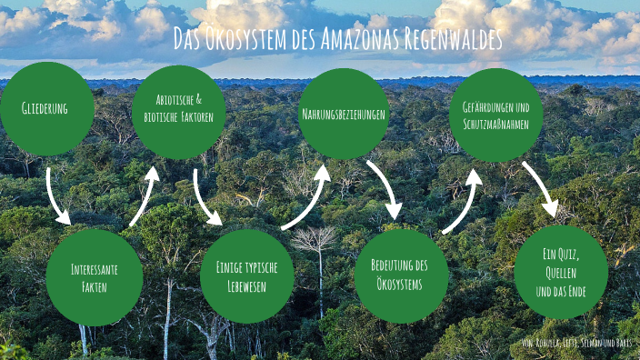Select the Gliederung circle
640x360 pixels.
pyautogui.click(x=46, y=108)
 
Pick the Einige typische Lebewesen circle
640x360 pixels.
pyautogui.click(x=246, y=276)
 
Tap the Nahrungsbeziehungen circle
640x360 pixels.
pyautogui.click(x=344, y=114)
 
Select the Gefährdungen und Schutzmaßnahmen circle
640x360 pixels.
pyautogui.click(x=495, y=115)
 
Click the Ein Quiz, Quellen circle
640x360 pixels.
pyautogui.click(x=560, y=272)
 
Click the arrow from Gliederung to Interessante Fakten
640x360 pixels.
pyautogui.click(x=55, y=195)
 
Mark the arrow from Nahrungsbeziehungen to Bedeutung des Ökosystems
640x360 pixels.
pyautogui.click(x=384, y=188)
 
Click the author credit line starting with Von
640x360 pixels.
pyautogui.click(x=576, y=343)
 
